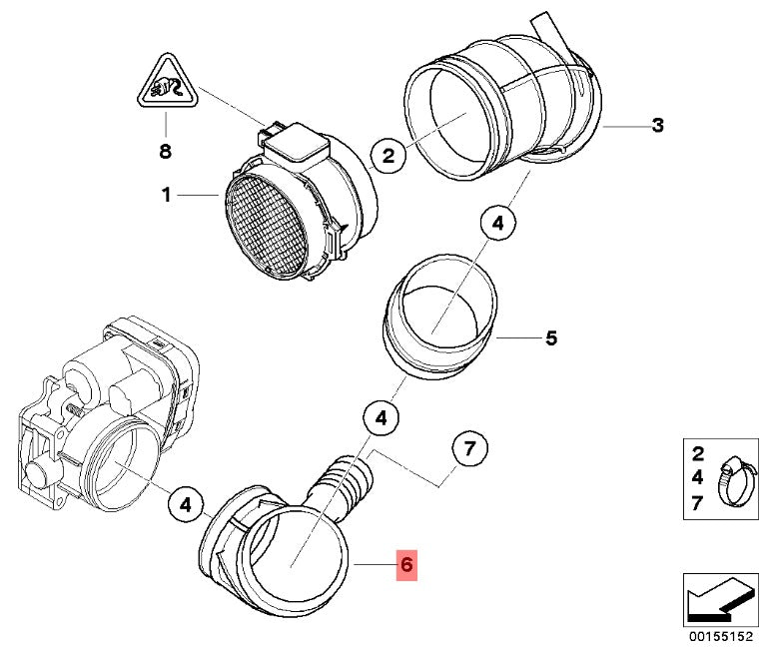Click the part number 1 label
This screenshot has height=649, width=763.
(167, 196)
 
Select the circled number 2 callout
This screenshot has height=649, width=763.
(387, 155)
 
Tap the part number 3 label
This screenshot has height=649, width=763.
(657, 126)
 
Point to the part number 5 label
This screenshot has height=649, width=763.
(550, 338)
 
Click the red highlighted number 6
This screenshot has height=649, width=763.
(405, 565)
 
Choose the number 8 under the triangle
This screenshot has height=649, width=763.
(166, 152)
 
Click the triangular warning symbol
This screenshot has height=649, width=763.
(166, 88)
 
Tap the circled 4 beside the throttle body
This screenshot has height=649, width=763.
(185, 505)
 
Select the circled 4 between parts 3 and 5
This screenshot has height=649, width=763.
(498, 226)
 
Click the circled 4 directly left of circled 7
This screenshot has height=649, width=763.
(381, 419)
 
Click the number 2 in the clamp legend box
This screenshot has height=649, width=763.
(697, 455)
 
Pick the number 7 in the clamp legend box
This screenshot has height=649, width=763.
(697, 504)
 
